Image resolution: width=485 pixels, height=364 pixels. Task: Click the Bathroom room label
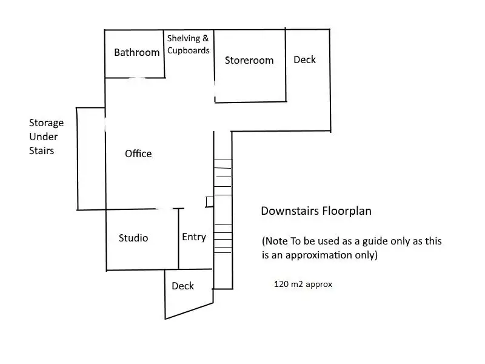point(136,52)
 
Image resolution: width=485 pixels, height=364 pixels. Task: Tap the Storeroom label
point(249,60)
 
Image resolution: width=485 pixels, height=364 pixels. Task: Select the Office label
point(138,153)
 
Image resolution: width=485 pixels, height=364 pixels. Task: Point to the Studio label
point(133,238)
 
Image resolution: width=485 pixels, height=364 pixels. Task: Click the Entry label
point(194,237)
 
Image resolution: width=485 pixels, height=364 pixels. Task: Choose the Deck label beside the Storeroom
point(304,59)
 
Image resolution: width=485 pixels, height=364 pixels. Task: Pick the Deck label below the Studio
point(182,286)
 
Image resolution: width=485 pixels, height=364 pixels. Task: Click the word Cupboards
point(189,50)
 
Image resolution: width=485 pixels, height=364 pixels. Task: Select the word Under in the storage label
point(43,136)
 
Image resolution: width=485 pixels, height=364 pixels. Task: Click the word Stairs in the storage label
point(41,150)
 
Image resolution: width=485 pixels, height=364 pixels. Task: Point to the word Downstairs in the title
point(290,211)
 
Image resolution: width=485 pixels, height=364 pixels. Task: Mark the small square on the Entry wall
point(209,202)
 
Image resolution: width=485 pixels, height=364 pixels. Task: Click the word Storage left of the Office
point(46,123)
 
